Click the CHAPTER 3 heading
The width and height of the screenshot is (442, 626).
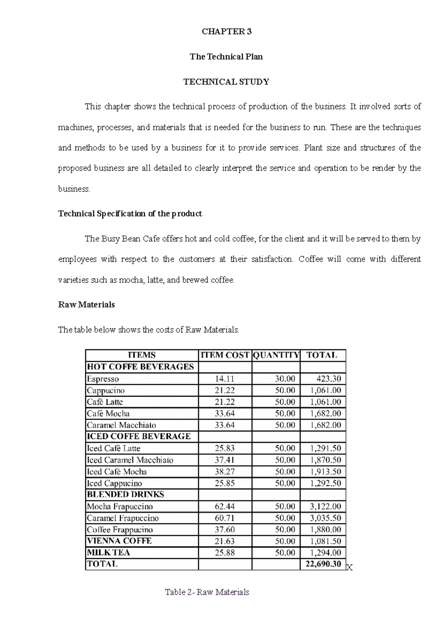click(x=227, y=32)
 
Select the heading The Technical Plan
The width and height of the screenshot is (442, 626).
click(x=226, y=57)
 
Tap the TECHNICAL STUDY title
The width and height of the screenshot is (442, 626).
click(x=226, y=82)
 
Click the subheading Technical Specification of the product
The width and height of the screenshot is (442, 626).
click(x=130, y=214)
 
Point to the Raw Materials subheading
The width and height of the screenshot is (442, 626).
click(x=87, y=305)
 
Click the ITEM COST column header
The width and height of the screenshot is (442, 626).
click(x=225, y=355)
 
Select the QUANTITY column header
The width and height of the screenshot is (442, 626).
click(x=276, y=355)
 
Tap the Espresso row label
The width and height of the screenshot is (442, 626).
click(x=103, y=379)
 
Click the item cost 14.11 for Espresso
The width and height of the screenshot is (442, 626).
click(x=225, y=379)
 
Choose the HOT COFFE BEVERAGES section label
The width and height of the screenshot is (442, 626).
click(x=140, y=367)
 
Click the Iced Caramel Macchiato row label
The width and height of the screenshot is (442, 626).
click(x=130, y=460)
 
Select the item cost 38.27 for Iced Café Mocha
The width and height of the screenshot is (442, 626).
click(x=225, y=472)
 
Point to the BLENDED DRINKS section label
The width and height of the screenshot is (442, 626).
click(x=125, y=495)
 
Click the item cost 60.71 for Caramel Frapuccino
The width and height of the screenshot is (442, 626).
click(x=225, y=518)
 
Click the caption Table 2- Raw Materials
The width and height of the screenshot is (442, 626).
click(x=207, y=592)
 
